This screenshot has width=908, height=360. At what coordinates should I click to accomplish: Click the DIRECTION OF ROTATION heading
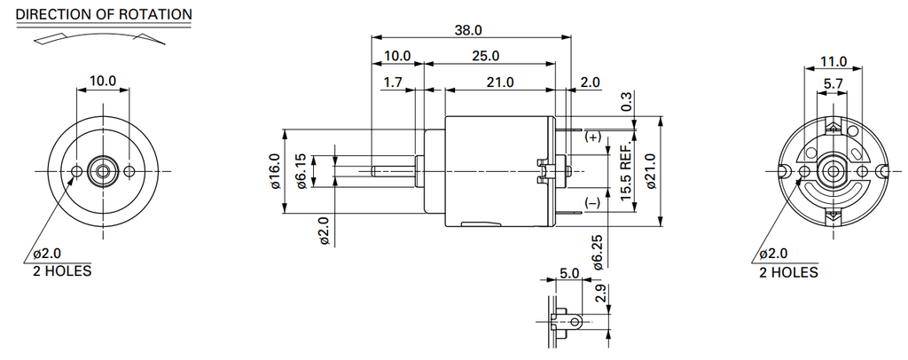pyautogui.click(x=104, y=14)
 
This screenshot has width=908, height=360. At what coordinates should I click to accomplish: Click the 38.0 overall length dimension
pyautogui.click(x=468, y=29)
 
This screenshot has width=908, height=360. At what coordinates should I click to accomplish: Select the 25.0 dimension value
pyautogui.click(x=486, y=56)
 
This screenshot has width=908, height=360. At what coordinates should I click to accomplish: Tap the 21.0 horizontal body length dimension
pyautogui.click(x=500, y=82)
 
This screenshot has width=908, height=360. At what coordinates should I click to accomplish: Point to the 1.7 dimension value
pyautogui.click(x=394, y=82)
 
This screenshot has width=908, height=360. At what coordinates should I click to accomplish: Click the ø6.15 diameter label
pyautogui.click(x=301, y=170)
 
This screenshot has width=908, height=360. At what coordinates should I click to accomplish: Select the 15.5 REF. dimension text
pyautogui.click(x=626, y=171)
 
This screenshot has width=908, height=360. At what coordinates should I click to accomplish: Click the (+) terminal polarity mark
pyautogui.click(x=592, y=137)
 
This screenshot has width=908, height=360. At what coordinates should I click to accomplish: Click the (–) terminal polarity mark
pyautogui.click(x=592, y=204)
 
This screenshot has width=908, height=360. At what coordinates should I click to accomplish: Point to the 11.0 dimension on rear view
pyautogui.click(x=834, y=62)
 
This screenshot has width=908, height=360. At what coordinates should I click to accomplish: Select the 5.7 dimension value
pyautogui.click(x=834, y=84)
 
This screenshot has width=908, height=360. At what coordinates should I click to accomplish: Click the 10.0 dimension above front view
pyautogui.click(x=103, y=81)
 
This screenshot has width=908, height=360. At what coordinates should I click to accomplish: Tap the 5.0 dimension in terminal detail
pyautogui.click(x=568, y=273)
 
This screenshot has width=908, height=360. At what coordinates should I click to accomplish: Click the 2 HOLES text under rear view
pyautogui.click(x=788, y=270)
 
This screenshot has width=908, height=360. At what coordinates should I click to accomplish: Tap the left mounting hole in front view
pyautogui.click(x=77, y=170)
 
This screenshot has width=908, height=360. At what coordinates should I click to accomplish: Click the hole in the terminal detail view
pyautogui.click(x=575, y=321)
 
